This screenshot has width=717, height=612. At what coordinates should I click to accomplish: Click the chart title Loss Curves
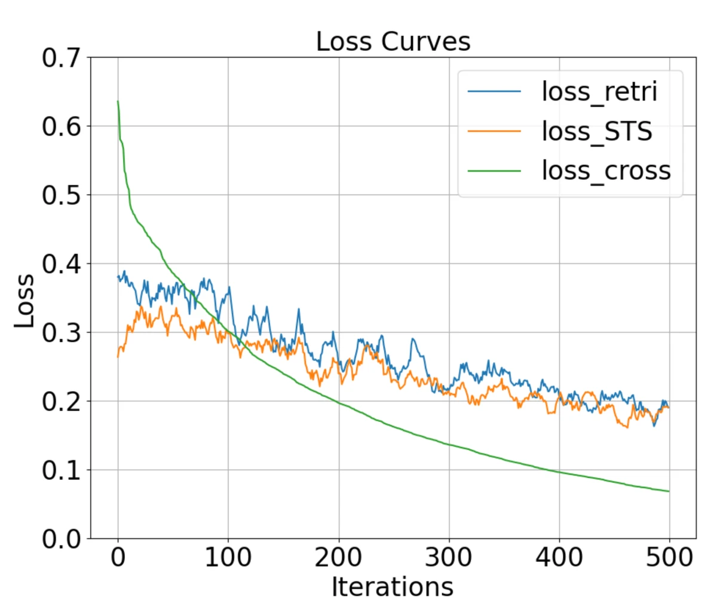[x=393, y=42]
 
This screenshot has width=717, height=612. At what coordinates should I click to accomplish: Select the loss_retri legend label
[x=599, y=91]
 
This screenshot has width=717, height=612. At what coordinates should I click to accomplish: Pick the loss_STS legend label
[x=596, y=131]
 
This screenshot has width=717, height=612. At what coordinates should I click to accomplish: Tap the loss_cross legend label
[x=606, y=170]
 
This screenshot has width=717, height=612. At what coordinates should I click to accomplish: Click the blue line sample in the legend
[x=494, y=91]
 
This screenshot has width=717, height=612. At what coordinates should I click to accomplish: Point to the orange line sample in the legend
[x=494, y=131]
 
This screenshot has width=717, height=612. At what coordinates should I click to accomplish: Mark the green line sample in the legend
[x=494, y=170]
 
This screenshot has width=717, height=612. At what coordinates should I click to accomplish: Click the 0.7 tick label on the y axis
[x=61, y=58]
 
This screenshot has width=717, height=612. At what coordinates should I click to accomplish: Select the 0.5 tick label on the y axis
[x=61, y=195]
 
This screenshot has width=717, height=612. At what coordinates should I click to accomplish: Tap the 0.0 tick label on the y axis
[x=61, y=539]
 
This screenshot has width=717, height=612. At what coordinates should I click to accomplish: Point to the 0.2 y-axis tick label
[x=61, y=402]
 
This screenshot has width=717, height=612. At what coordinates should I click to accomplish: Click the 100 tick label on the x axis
[x=228, y=558]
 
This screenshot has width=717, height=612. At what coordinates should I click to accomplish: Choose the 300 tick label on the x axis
[x=449, y=558]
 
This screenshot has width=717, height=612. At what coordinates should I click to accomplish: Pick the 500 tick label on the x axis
[x=669, y=558]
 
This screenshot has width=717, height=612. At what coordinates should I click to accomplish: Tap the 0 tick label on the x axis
[x=118, y=558]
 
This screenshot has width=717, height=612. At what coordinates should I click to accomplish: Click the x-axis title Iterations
[x=393, y=587]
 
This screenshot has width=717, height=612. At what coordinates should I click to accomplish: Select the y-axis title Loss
[x=24, y=301]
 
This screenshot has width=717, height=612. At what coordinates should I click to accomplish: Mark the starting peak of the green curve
[x=118, y=102]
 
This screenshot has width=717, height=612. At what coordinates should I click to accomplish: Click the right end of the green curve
[x=669, y=491]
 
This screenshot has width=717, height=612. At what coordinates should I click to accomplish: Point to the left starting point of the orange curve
[x=118, y=357]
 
